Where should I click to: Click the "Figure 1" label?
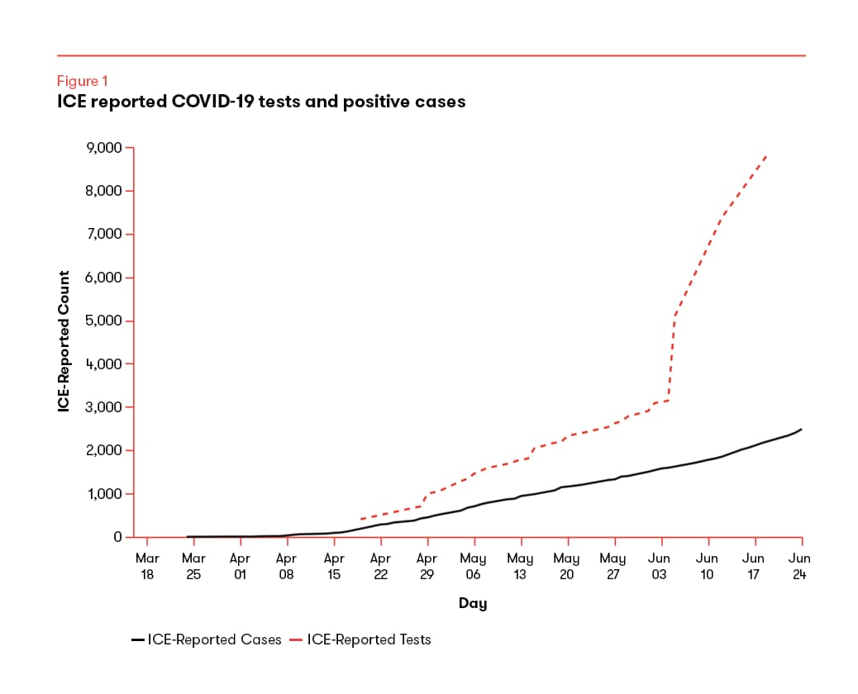click(x=82, y=81)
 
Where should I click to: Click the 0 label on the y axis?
click(x=117, y=537)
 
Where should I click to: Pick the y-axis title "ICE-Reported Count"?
click(x=64, y=342)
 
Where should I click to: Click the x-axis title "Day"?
click(x=473, y=604)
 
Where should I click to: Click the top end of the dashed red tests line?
click(x=767, y=154)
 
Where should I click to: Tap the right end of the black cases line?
click(x=801, y=430)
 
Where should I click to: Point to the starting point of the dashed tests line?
click(x=361, y=519)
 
